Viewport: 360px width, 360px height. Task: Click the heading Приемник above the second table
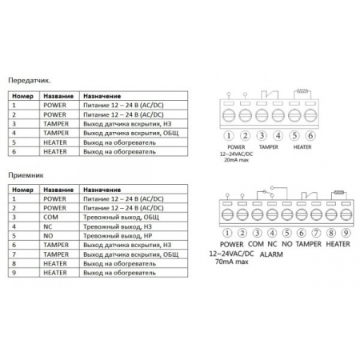26,173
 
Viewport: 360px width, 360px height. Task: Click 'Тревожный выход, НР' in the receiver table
120,236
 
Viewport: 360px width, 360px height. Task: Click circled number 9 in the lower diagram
346,233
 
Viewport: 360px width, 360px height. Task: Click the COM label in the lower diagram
255,242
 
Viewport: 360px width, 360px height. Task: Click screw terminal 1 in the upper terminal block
229,117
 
